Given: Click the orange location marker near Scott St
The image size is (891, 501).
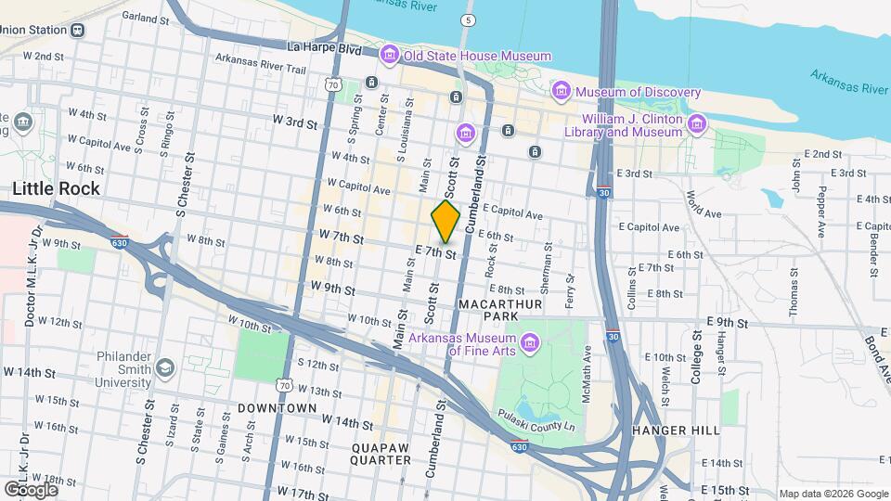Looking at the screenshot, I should pyautogui.click(x=445, y=221).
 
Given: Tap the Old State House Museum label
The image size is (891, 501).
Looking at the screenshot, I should pyautogui.click(x=477, y=57).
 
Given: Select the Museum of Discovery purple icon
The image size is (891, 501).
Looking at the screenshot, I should pyautogui.click(x=561, y=91).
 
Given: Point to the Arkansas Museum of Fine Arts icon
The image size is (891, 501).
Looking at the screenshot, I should pyautogui.click(x=530, y=343).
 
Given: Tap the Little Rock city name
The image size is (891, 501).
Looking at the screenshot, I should pyautogui.click(x=56, y=188).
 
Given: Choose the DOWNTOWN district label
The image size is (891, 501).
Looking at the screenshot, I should pyautogui.click(x=278, y=408).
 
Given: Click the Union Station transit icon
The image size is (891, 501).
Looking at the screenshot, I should pyautogui.click(x=77, y=30).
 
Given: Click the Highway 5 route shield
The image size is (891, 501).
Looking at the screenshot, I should pyautogui.click(x=469, y=19).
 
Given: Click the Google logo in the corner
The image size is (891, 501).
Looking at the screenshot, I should pyautogui.click(x=32, y=489).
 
